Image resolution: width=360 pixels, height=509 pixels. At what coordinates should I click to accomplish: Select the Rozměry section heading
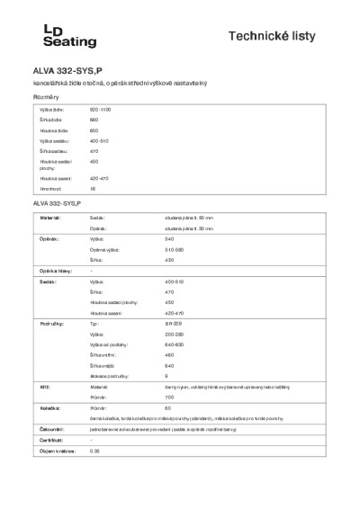click(45, 96)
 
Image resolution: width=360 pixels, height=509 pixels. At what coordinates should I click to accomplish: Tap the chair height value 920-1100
click(100, 109)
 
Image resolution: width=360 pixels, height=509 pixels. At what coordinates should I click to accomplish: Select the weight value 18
click(93, 190)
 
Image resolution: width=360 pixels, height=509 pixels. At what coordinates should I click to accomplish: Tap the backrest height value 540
click(169, 239)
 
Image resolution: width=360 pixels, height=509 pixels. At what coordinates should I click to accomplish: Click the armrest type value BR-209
click(173, 322)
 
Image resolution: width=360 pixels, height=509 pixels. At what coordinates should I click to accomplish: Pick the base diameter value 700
click(169, 397)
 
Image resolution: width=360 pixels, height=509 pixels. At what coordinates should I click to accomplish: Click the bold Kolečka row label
click(49, 407)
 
